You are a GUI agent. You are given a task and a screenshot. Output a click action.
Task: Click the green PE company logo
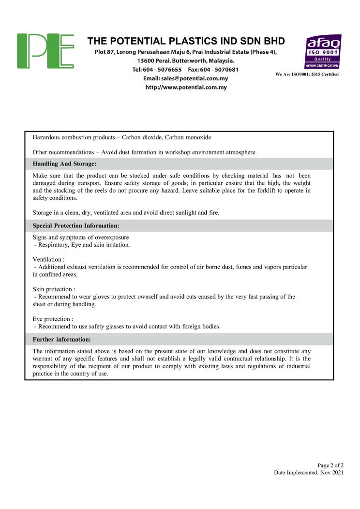pyautogui.click(x=45, y=51)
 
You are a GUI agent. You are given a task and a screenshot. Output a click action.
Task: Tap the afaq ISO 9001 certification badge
pyautogui.click(x=322, y=51)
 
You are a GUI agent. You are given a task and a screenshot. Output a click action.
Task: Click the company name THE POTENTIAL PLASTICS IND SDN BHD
pyautogui.click(x=186, y=41)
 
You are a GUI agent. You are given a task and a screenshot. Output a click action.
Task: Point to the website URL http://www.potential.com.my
pyautogui.click(x=186, y=88)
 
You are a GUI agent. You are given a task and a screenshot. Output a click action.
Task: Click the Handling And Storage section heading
pyautogui.click(x=64, y=164)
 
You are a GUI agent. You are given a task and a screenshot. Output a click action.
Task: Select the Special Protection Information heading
pyautogui.click(x=75, y=225)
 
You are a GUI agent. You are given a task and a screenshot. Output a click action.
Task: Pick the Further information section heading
pyautogui.click(x=61, y=339)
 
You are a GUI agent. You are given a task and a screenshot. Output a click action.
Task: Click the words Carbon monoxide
pyautogui.click(x=188, y=138)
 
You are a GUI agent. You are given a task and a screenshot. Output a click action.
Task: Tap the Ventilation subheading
pyautogui.click(x=48, y=259)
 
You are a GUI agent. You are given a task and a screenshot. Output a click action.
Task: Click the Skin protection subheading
pyautogui.click(x=54, y=289)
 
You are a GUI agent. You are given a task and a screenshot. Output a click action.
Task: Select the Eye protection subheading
pyautogui.click(x=53, y=319)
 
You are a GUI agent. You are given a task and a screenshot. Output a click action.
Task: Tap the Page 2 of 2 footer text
pyautogui.click(x=330, y=465)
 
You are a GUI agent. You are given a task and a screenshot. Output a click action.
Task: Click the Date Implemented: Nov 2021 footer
pyautogui.click(x=309, y=472)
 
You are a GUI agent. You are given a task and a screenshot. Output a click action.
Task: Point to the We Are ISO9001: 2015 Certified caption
pyautogui.click(x=307, y=74)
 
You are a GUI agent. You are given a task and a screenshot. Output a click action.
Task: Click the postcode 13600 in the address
pyautogui.click(x=146, y=61)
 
